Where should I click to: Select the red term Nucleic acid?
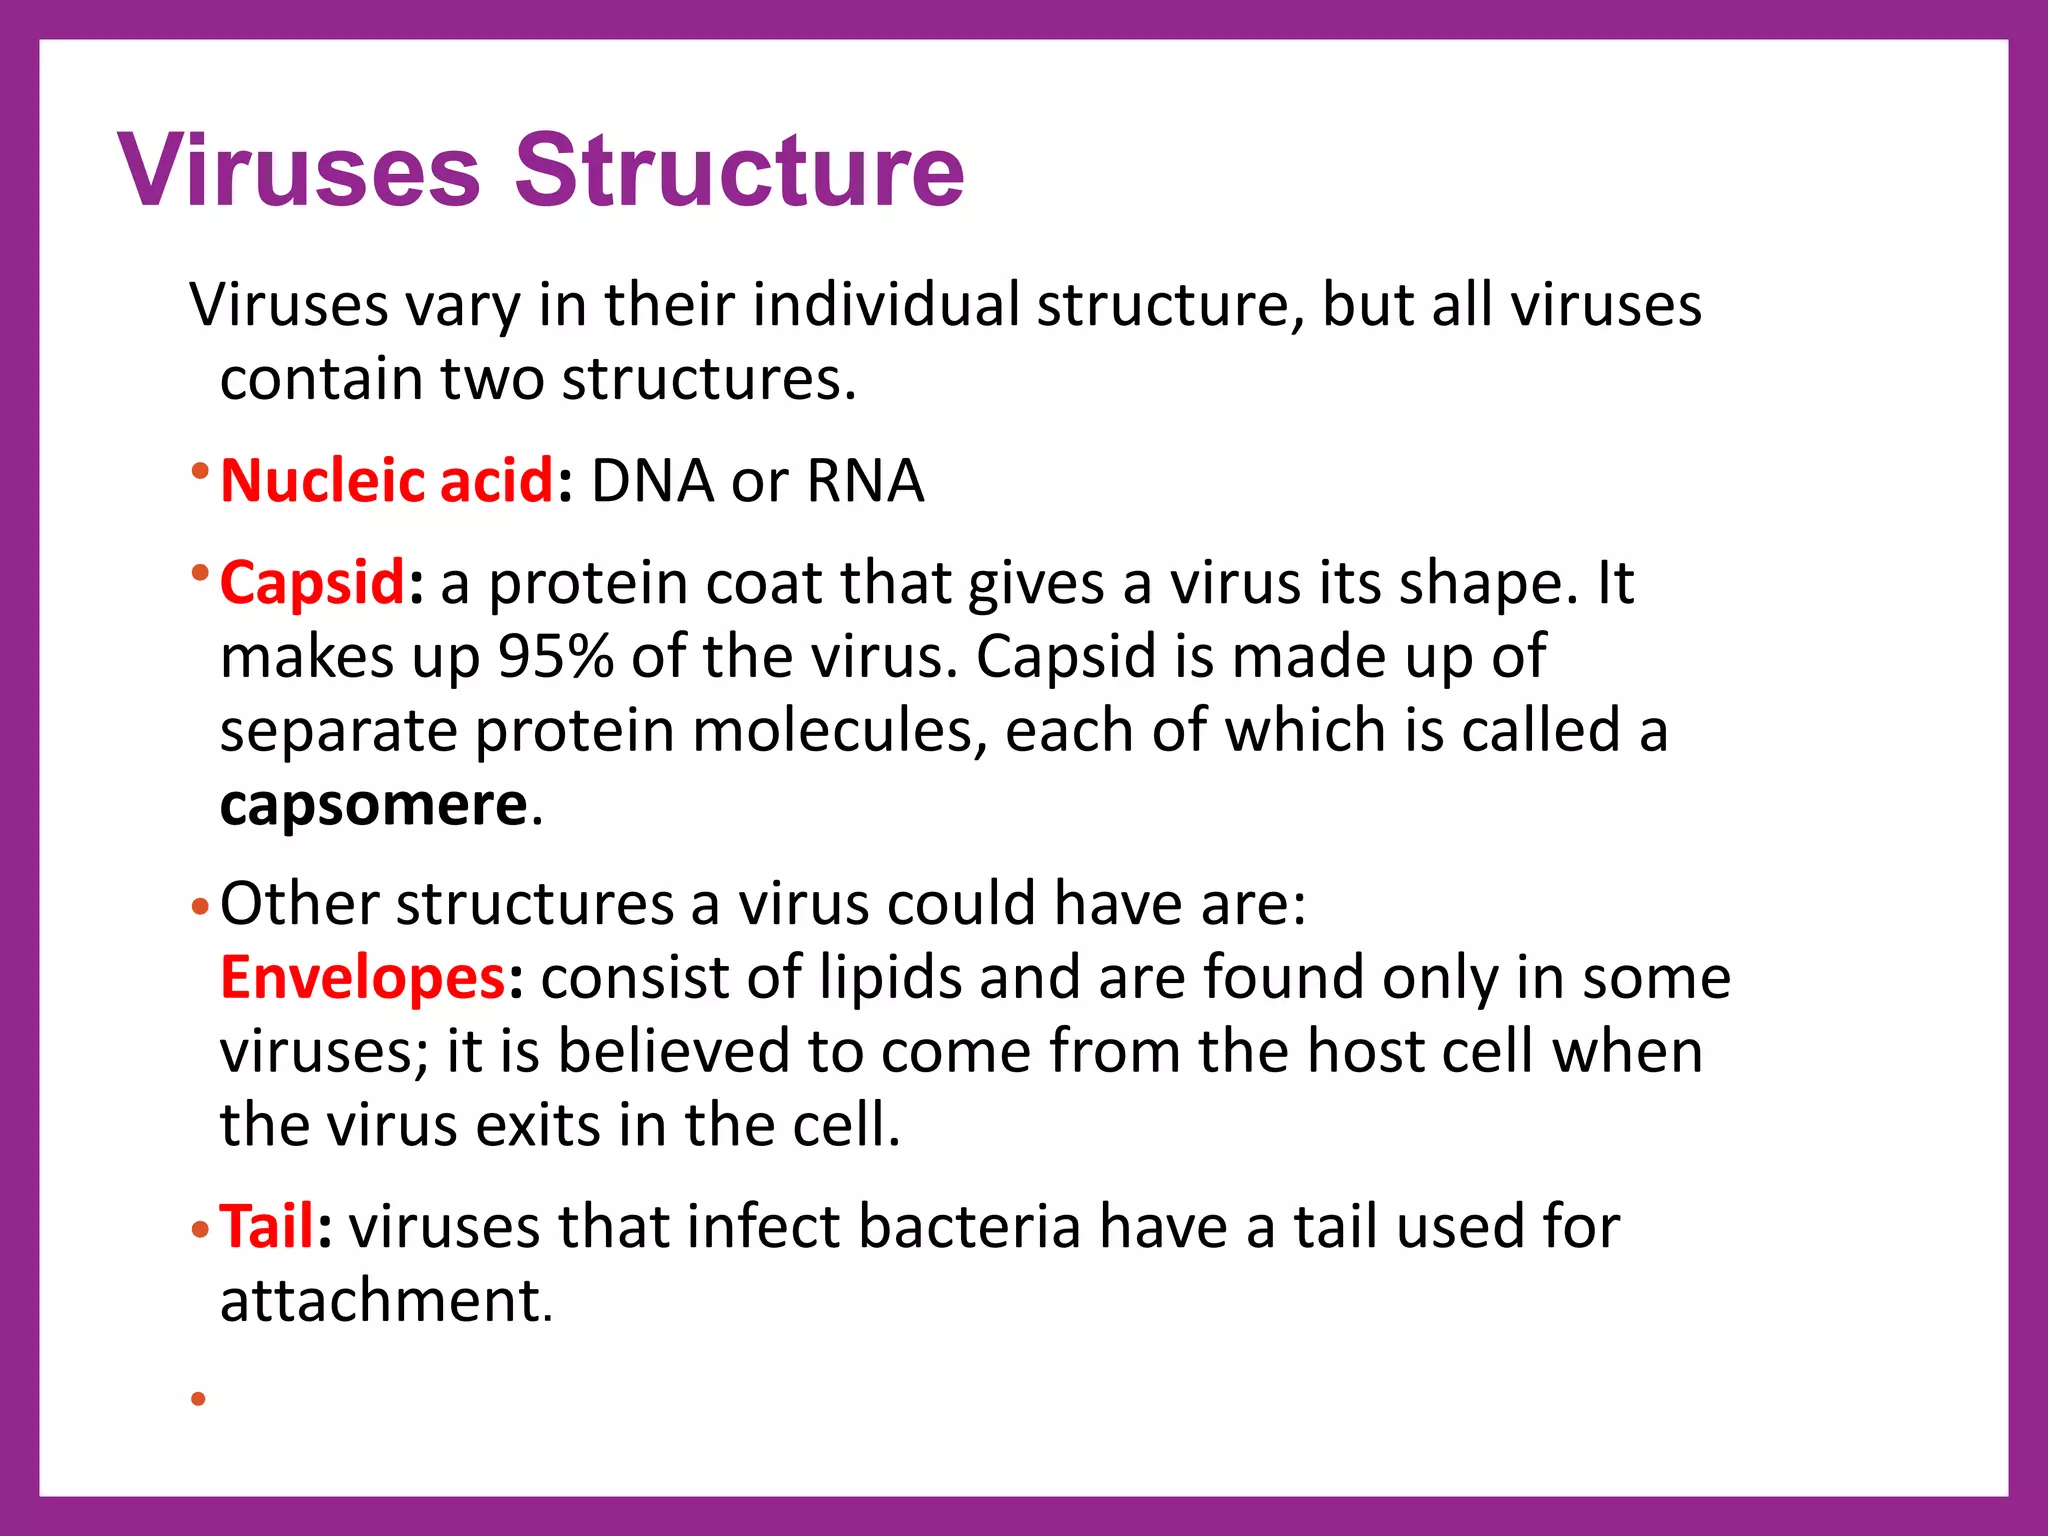(x=386, y=481)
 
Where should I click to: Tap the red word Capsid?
(x=312, y=583)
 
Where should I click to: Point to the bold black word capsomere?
(x=373, y=805)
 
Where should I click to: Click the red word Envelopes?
(x=363, y=978)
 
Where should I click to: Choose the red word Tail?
(x=267, y=1227)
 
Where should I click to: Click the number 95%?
(x=555, y=657)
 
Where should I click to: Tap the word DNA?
(x=652, y=481)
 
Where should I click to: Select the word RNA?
(x=865, y=481)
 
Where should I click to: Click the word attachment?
(x=385, y=1301)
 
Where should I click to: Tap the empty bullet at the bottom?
(x=198, y=1399)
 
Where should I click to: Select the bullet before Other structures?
(x=199, y=908)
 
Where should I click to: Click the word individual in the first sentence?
(x=885, y=305)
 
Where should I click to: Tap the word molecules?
(x=832, y=731)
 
